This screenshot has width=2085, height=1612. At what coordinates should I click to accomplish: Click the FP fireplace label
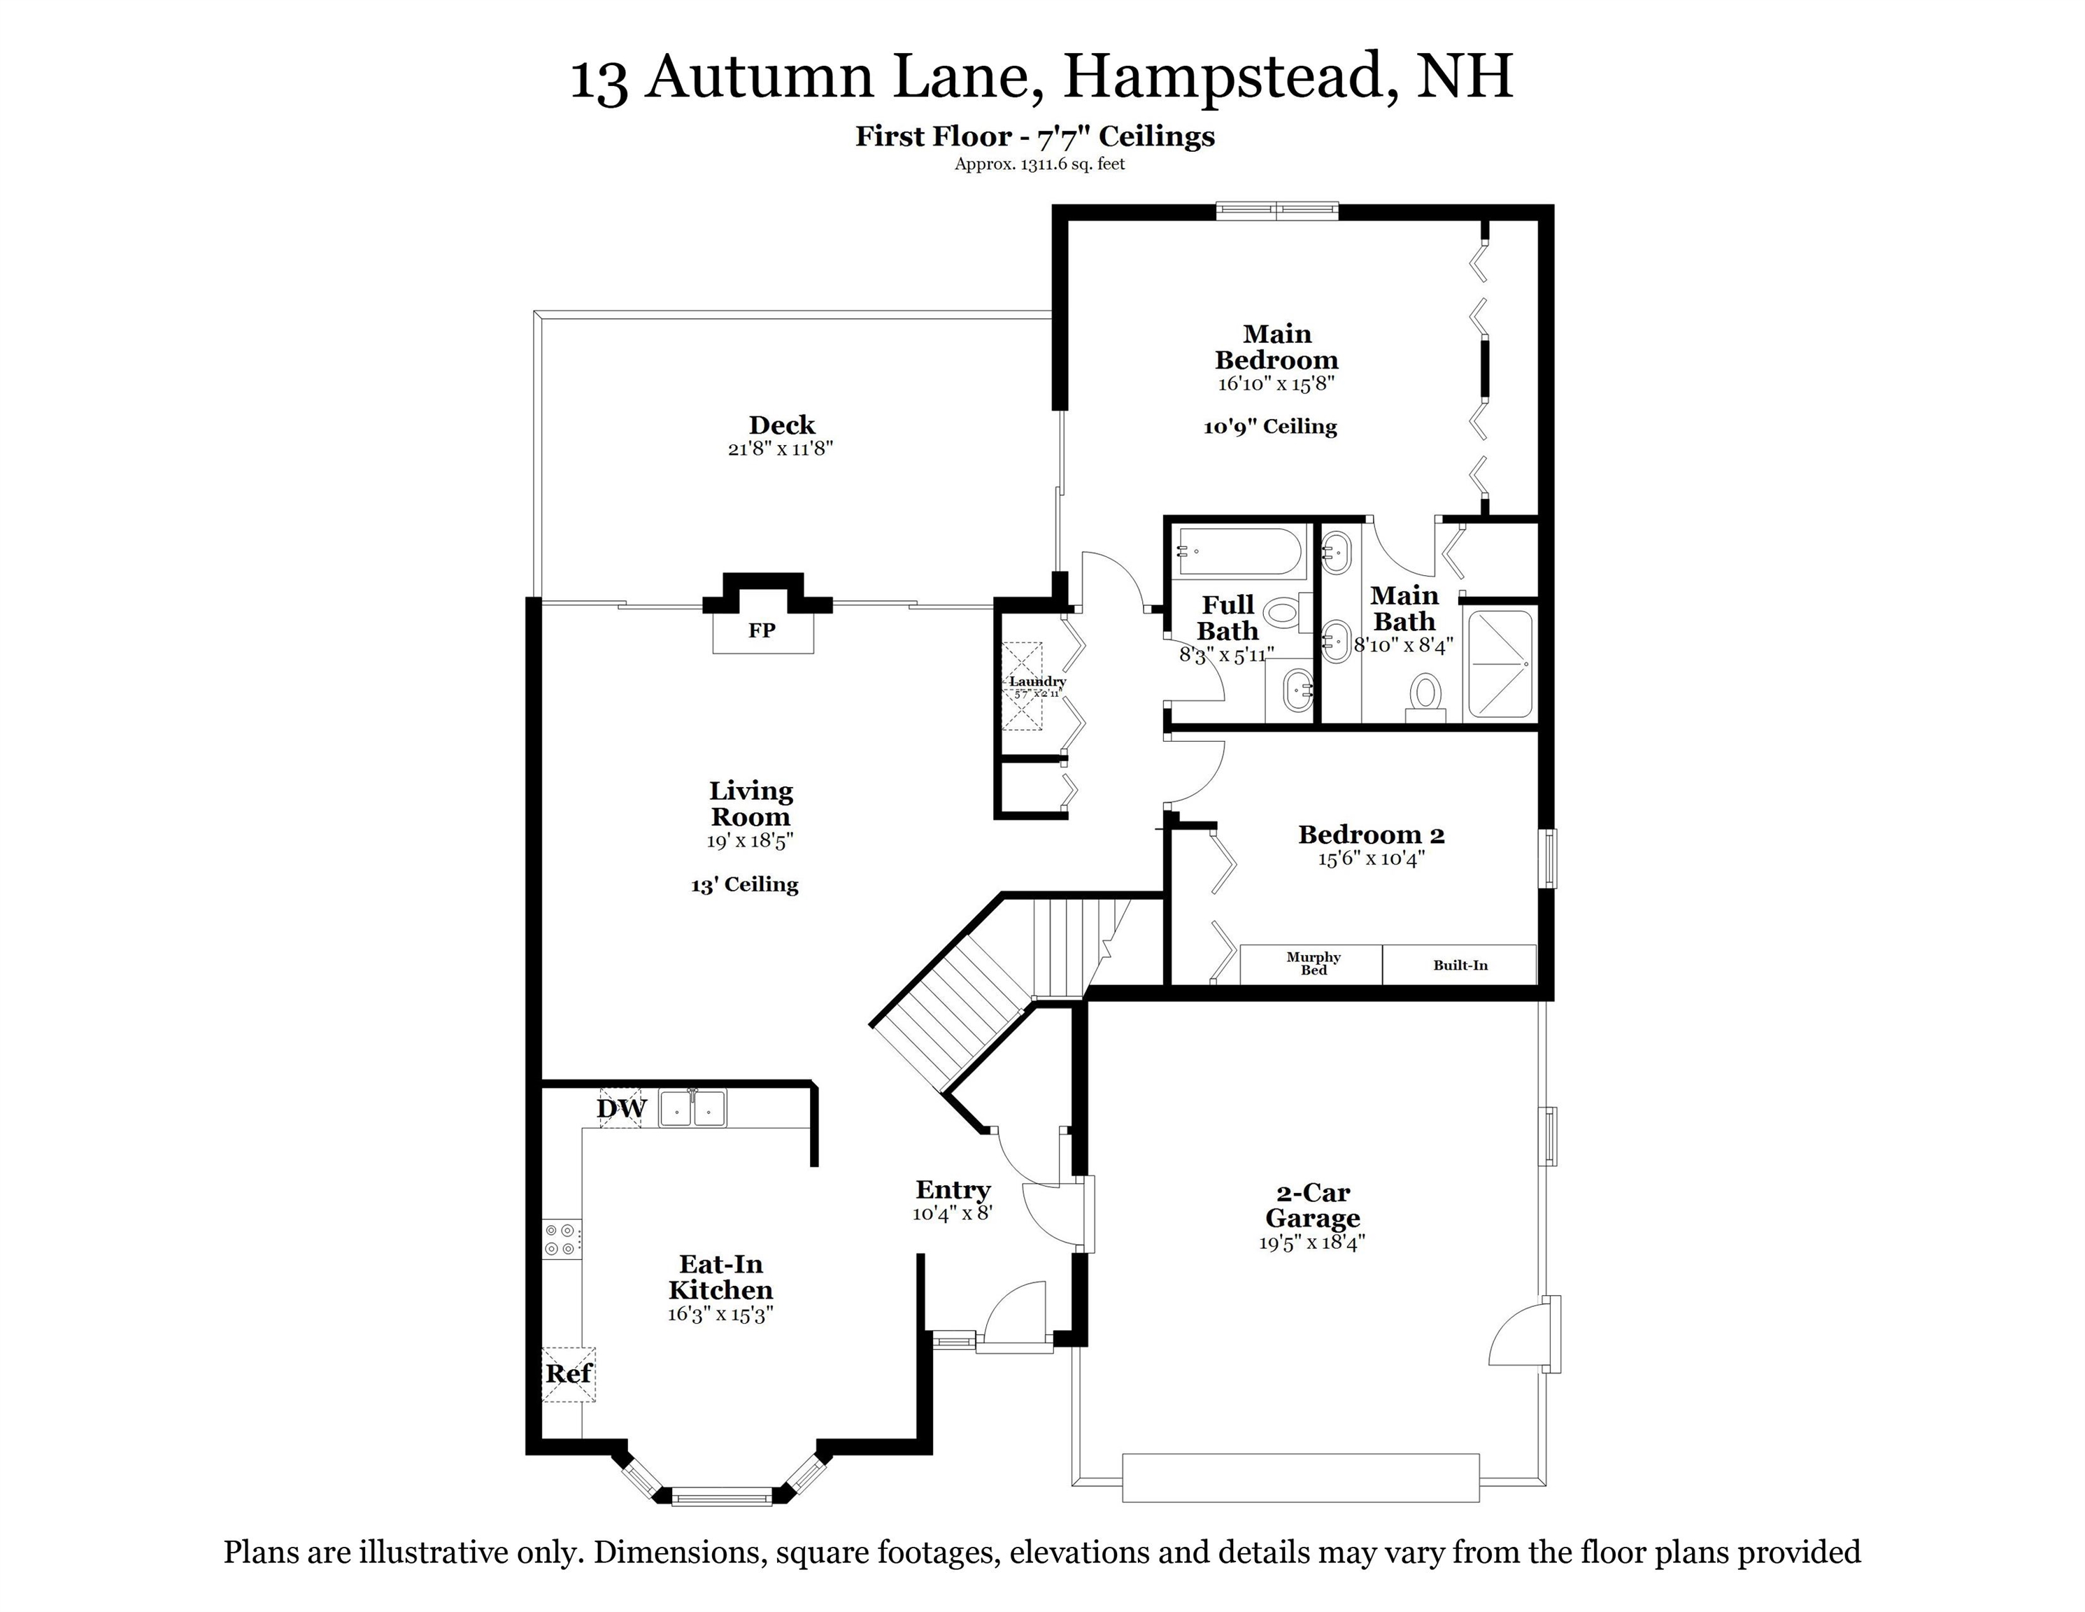(761, 630)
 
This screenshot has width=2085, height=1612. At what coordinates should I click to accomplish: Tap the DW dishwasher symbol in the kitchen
(622, 1109)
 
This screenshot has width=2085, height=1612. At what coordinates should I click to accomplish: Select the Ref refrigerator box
(569, 1374)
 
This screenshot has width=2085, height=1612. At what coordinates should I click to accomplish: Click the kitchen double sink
(692, 1109)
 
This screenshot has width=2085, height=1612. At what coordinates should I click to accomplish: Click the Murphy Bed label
(1313, 963)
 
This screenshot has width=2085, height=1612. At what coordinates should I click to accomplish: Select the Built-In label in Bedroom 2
(1460, 965)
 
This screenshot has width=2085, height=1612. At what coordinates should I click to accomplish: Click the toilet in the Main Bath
(1426, 693)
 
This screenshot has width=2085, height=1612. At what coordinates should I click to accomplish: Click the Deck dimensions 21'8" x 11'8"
(781, 449)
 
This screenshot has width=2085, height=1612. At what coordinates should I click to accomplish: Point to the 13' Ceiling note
(745, 885)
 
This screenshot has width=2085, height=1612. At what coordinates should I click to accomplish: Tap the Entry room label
(953, 1190)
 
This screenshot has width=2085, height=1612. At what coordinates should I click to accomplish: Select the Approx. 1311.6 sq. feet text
(1039, 164)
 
